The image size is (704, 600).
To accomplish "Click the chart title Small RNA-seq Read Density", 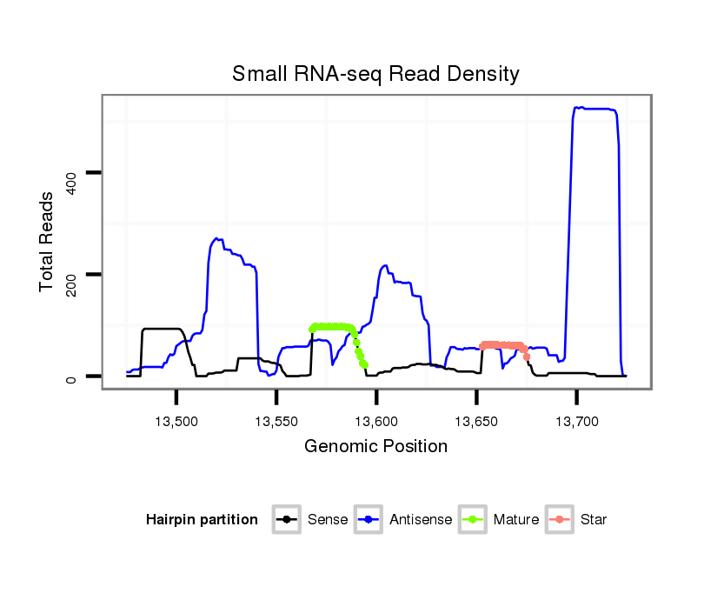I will [375, 74].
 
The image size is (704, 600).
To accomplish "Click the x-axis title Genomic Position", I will [375, 447].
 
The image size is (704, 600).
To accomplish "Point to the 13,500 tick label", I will [176, 421].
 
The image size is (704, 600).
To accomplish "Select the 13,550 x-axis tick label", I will [276, 421].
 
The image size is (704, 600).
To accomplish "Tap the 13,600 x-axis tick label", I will [376, 421].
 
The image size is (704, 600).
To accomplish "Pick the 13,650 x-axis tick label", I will [476, 421].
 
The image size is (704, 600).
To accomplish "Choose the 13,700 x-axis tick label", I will [576, 421].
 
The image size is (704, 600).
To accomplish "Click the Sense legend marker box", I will [286, 520].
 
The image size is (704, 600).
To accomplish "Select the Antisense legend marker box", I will [368, 520].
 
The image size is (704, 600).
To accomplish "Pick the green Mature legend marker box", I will [472, 520].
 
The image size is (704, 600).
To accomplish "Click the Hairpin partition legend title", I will [202, 520].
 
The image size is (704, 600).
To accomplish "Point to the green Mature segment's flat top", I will [330, 327].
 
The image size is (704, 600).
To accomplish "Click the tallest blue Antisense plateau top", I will [595, 109].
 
